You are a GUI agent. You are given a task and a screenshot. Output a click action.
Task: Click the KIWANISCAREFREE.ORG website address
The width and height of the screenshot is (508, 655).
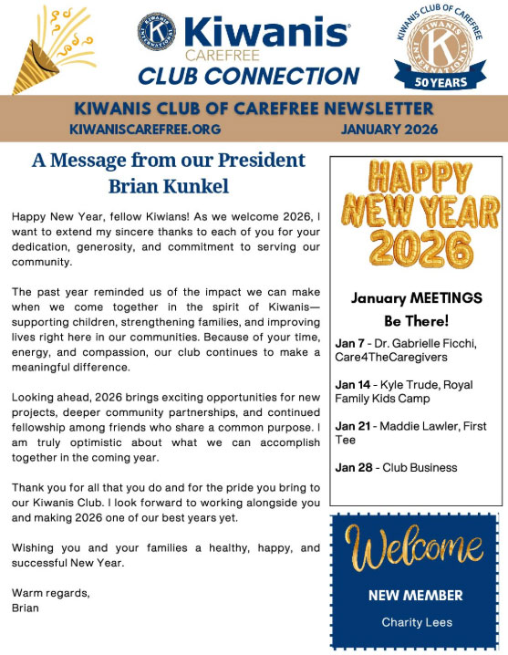click(x=146, y=130)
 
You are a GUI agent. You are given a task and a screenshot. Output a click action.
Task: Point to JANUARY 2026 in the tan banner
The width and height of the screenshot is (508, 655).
click(x=389, y=130)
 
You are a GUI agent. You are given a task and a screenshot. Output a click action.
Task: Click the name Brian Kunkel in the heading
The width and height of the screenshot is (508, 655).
click(x=168, y=185)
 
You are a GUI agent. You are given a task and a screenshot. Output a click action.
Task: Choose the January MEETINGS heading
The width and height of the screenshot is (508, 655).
click(x=416, y=297)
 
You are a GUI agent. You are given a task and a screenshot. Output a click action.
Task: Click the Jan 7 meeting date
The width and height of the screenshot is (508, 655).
click(x=349, y=343)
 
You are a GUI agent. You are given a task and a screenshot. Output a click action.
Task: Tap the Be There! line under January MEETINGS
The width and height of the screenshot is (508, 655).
click(x=416, y=321)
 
